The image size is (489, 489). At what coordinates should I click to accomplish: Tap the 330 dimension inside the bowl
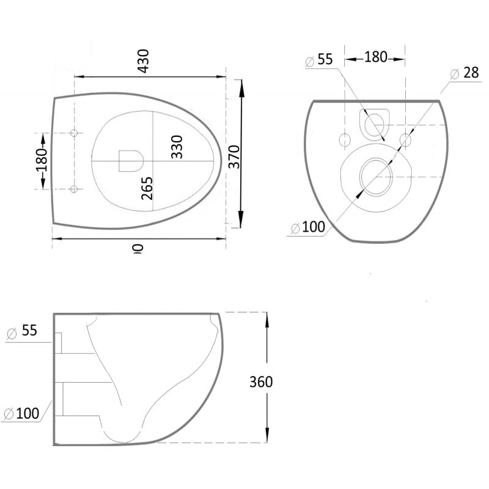point(177,147)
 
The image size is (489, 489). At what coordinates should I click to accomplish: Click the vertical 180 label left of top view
point(42,161)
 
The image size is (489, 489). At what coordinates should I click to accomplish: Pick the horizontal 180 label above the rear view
point(375,57)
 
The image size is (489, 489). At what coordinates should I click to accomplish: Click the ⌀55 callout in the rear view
point(318,60)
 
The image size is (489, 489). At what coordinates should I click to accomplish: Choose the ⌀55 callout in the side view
point(22,331)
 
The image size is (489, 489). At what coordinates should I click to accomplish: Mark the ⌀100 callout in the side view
point(22,413)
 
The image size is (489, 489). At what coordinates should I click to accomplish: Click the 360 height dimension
point(261,382)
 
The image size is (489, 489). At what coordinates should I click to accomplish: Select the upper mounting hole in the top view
point(74,133)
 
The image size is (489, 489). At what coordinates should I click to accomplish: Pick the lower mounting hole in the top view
point(74,189)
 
